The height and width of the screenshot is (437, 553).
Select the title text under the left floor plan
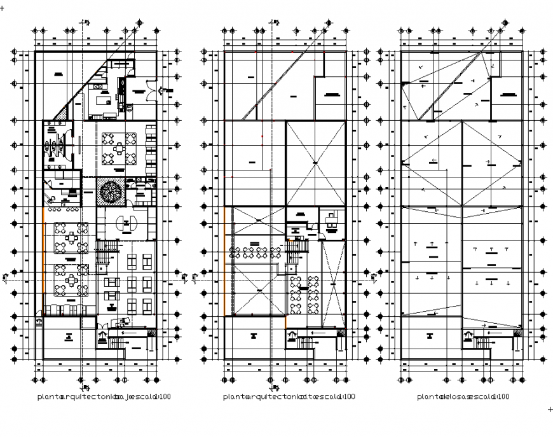[104, 397]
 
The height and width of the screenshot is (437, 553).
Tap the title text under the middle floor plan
[289, 397]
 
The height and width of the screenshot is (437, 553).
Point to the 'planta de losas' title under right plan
[463, 397]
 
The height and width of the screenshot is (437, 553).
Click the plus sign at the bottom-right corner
[550, 410]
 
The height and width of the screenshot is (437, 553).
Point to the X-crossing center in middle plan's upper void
[316, 163]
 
